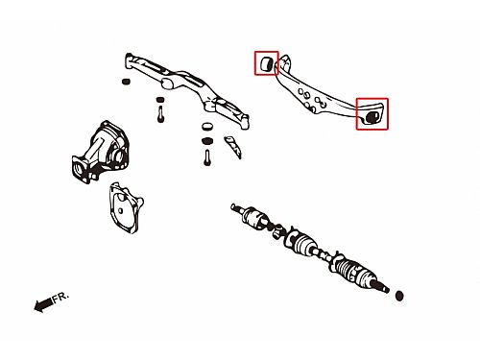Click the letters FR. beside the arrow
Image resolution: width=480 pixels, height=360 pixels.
[60, 298]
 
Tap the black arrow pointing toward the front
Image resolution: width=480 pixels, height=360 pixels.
[43, 304]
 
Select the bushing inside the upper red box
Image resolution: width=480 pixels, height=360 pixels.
[266, 63]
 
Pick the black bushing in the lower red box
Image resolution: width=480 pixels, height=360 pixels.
[372, 117]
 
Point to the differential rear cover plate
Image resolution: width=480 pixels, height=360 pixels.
[126, 207]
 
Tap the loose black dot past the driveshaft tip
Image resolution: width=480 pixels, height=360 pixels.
[399, 296]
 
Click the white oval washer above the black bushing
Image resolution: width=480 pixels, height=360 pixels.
[207, 126]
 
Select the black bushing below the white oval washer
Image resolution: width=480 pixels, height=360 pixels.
[207, 140]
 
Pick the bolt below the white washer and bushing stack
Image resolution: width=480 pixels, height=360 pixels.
[207, 157]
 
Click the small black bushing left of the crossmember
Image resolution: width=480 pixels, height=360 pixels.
[126, 82]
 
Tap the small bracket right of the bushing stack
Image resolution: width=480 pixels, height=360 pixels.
[233, 147]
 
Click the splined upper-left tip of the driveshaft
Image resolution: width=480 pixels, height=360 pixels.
[237, 208]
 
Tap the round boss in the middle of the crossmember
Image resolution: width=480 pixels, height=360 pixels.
[167, 83]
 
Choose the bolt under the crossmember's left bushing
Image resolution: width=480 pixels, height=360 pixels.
[160, 115]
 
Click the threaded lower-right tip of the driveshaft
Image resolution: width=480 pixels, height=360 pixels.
[382, 287]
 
